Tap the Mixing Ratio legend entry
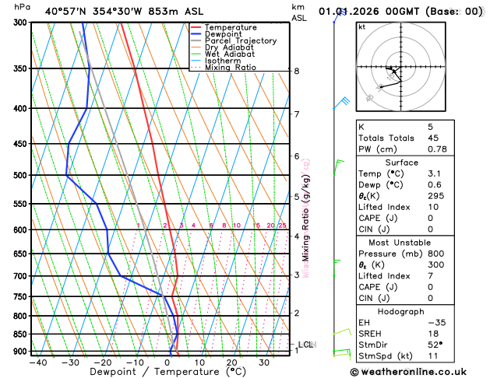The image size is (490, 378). pyautogui.click(x=231, y=68)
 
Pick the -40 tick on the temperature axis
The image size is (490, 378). pyautogui.click(x=37, y=362)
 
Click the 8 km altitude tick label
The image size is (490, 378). pyautogui.click(x=297, y=72)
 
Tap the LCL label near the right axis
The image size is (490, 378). pyautogui.click(x=305, y=345)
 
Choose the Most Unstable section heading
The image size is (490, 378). pyautogui.click(x=418, y=242)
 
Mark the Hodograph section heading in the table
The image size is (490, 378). pyautogui.click(x=418, y=311)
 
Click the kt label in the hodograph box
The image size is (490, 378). pyautogui.click(x=361, y=26)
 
